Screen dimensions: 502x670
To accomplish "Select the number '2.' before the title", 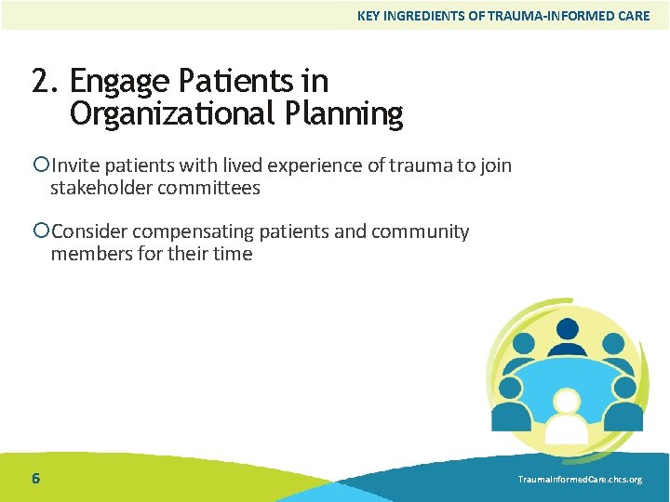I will (x=45, y=82).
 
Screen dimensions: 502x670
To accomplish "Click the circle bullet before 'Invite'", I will (x=40, y=165).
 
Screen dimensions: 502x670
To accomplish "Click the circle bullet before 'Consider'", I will (x=40, y=231).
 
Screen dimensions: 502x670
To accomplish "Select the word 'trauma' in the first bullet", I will (x=422, y=165).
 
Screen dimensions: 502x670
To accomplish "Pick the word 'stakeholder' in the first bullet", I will (x=101, y=188).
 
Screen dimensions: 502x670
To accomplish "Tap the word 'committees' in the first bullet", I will (x=208, y=188).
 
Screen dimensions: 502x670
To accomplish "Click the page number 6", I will (x=35, y=479).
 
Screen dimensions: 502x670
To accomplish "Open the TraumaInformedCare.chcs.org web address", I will (x=580, y=480).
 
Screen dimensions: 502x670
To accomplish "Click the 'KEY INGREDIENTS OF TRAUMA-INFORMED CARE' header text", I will (x=503, y=16).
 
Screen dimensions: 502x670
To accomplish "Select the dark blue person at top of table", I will (x=567, y=335).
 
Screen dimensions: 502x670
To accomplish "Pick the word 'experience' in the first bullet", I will (x=312, y=165).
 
